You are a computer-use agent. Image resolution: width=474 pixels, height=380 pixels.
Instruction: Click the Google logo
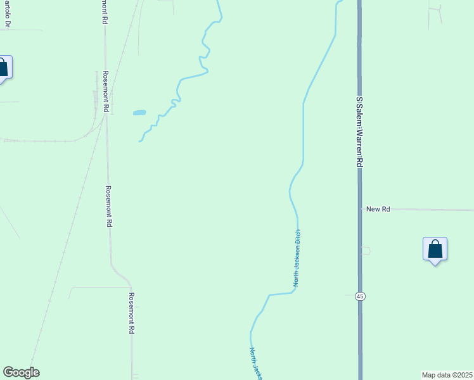[21, 372]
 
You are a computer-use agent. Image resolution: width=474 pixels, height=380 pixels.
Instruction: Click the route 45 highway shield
[359, 296]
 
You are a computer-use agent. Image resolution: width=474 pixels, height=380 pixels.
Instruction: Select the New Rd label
[378, 208]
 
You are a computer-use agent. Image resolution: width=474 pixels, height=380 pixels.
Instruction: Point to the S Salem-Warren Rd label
[359, 132]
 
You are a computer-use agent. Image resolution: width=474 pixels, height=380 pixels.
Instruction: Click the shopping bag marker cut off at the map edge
[3, 68]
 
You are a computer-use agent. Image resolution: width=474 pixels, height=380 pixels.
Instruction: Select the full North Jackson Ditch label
[296, 258]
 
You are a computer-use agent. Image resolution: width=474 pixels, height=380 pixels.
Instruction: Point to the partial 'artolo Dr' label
[8, 14]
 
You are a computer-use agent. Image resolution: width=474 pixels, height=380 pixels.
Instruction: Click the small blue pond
[139, 113]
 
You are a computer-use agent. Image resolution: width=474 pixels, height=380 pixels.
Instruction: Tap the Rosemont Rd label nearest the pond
[107, 92]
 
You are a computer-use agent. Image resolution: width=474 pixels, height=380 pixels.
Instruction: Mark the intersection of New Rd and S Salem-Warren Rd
[359, 209]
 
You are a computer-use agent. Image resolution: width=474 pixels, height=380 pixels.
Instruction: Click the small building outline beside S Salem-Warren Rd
[366, 251]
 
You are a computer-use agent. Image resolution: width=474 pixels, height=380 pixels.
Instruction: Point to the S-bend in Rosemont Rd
[120, 274]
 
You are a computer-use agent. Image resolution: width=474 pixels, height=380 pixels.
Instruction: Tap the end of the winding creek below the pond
[140, 141]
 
